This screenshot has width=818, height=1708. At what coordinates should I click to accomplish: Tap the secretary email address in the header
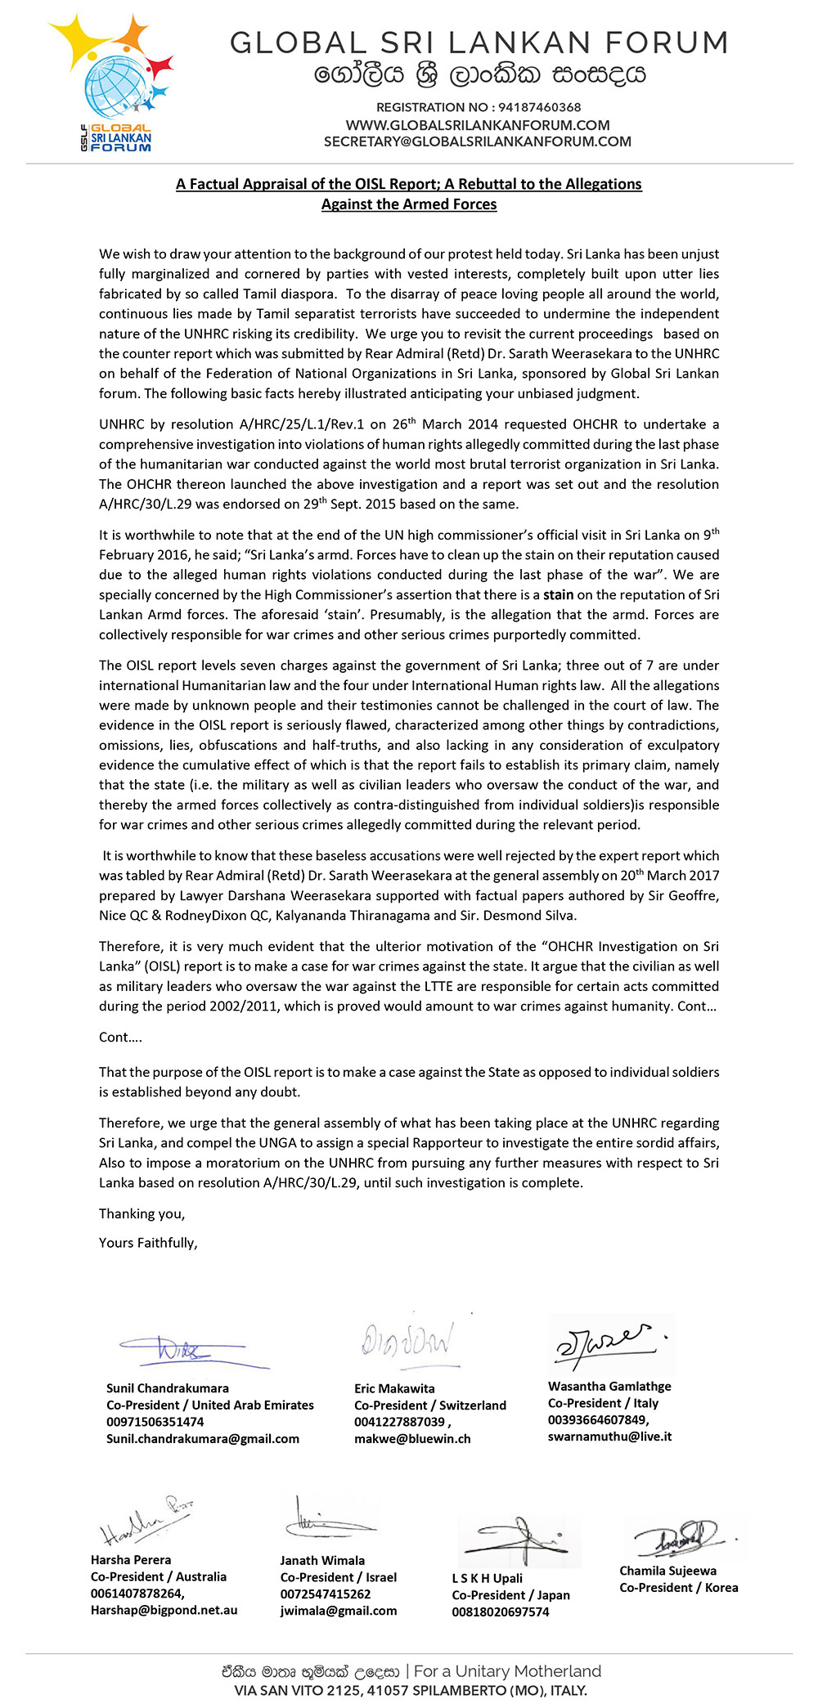pyautogui.click(x=477, y=141)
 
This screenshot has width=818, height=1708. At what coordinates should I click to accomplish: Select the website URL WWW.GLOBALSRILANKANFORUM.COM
pyautogui.click(x=477, y=125)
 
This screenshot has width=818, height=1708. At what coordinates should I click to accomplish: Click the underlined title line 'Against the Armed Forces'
pyautogui.click(x=409, y=204)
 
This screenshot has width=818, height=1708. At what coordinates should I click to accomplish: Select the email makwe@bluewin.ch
pyautogui.click(x=412, y=1438)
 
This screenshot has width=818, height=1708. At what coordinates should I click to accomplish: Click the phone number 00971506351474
pyautogui.click(x=155, y=1422)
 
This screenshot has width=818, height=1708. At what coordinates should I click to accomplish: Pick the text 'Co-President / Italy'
pyautogui.click(x=603, y=1402)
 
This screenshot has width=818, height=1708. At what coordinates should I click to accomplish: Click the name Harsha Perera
pyautogui.click(x=131, y=1559)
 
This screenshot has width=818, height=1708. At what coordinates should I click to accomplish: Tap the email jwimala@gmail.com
pyautogui.click(x=338, y=1611)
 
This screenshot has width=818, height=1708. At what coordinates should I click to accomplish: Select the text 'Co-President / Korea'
pyautogui.click(x=678, y=1587)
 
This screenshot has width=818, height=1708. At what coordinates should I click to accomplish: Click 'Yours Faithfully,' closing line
pyautogui.click(x=148, y=1242)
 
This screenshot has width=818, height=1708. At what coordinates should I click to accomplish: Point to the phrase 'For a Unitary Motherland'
pyautogui.click(x=507, y=1671)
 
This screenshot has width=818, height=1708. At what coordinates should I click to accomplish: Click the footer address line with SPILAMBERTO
pyautogui.click(x=409, y=1690)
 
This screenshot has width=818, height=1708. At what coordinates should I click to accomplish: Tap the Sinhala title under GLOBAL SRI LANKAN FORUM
pyautogui.click(x=480, y=75)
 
